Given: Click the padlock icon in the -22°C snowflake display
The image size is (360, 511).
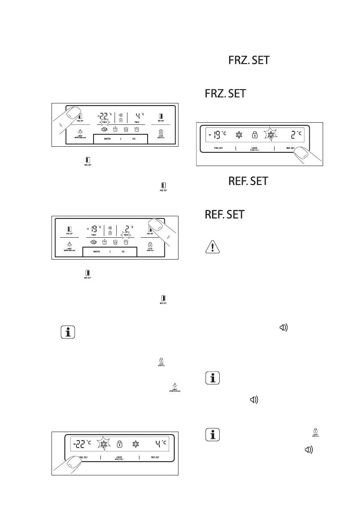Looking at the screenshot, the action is tap(120, 443).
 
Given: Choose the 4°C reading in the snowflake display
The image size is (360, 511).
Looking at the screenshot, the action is tap(162, 441).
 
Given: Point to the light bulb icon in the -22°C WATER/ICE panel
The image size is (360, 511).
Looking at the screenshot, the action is tap(80, 132).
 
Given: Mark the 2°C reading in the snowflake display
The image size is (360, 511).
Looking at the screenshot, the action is tap(294, 135).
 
